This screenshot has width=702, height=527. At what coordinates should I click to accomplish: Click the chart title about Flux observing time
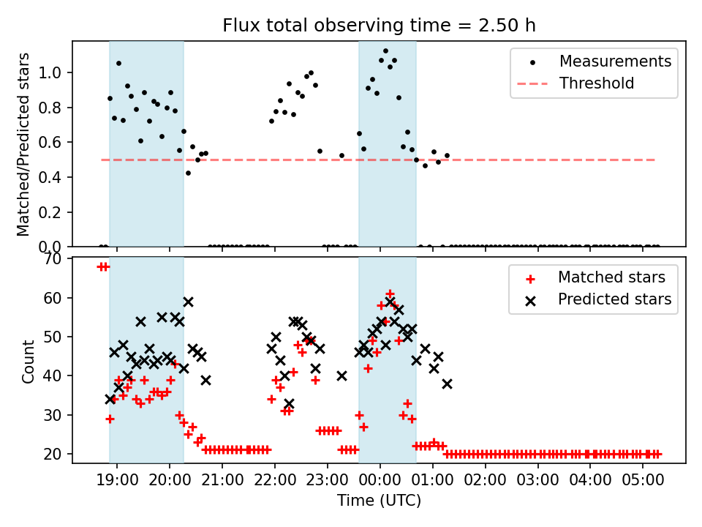pyautogui.click(x=379, y=26)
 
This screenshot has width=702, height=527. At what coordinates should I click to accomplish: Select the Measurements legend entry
pyautogui.click(x=615, y=61)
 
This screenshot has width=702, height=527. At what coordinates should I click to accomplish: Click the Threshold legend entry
pyautogui.click(x=597, y=83)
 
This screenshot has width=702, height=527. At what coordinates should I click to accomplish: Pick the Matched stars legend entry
pyautogui.click(x=611, y=277)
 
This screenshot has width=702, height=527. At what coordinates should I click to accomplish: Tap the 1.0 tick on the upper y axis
pyautogui.click(x=54, y=72)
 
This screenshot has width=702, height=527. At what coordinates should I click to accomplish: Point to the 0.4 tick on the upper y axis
pyautogui.click(x=54, y=177)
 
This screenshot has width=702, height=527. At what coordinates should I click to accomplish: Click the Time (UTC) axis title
pyautogui.click(x=379, y=501)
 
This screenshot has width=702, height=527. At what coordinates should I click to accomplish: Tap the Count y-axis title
pyautogui.click(x=29, y=362)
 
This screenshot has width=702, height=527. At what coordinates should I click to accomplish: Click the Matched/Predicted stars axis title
pyautogui.click(x=23, y=144)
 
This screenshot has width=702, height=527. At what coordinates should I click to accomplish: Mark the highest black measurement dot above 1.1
pyautogui.click(x=385, y=51)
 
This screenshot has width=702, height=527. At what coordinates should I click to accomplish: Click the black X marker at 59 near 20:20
pyautogui.click(x=188, y=302)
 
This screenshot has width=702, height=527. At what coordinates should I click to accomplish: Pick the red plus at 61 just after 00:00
pyautogui.click(x=390, y=294)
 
